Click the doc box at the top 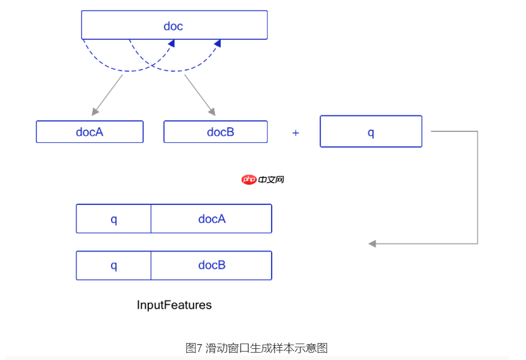point(174,25)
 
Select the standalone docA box point(90,132)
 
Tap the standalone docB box point(215,132)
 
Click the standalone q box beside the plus point(371,131)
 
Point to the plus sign point(296,133)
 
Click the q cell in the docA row point(113,219)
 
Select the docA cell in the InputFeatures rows point(211,219)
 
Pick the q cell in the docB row point(113,265)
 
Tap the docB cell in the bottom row point(211,265)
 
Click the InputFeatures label point(174,305)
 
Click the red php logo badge point(249,179)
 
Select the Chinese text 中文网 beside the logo point(272,179)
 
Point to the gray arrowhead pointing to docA point(95,112)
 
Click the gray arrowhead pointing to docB point(212,112)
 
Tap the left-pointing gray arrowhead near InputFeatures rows point(372,244)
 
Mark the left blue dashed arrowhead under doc point(171,44)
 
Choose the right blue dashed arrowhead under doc point(217,44)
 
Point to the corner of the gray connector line point(477,132)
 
